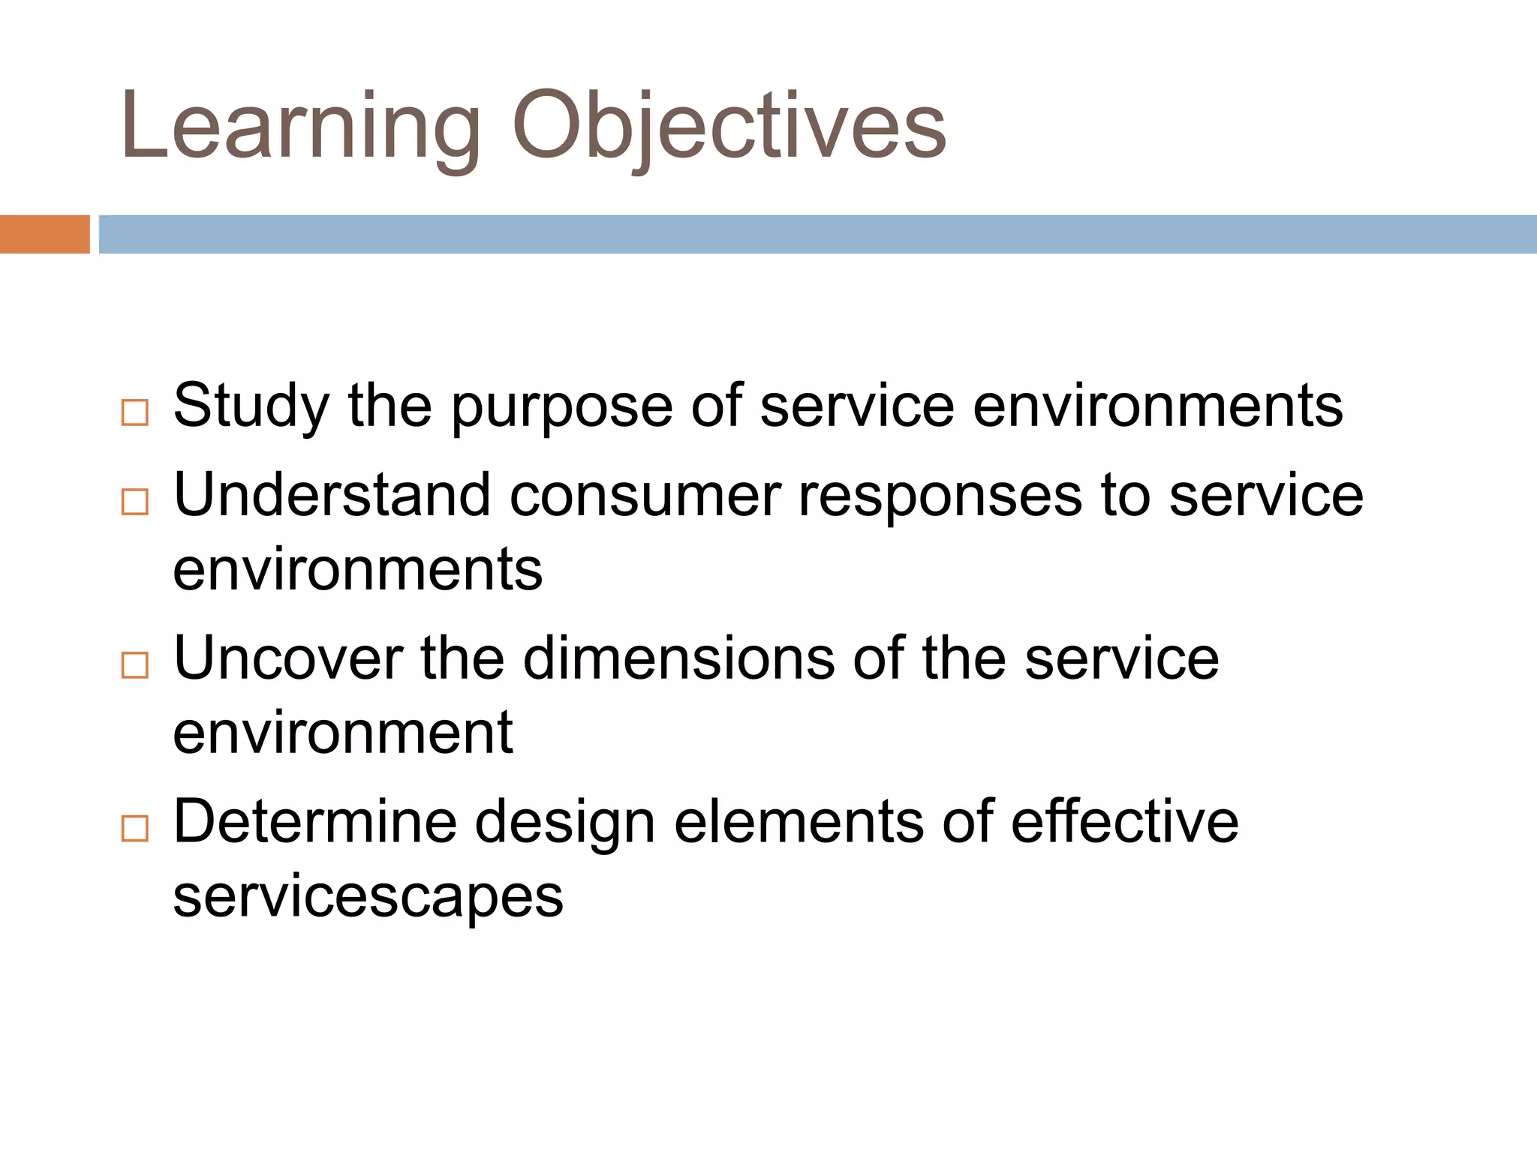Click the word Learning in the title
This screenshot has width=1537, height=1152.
pos(300,127)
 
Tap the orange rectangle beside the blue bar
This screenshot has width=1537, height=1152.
pos(45,234)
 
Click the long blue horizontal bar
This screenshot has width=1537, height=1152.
pos(818,234)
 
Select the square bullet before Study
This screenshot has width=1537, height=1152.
pos(135,412)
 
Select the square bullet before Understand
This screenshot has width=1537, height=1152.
pos(135,502)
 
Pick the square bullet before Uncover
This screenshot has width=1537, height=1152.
pos(135,665)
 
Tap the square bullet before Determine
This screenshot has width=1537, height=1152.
pos(135,829)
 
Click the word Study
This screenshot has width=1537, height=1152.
pos(251,407)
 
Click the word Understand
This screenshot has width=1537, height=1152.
pos(332,496)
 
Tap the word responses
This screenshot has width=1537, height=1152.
pos(940,499)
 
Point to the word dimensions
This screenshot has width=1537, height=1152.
pos(678,659)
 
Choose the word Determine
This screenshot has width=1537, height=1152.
pos(315,823)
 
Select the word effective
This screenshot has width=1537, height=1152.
pos(1124,823)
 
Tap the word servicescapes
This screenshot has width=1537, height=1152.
pos(368,898)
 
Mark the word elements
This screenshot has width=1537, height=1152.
pos(799,823)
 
